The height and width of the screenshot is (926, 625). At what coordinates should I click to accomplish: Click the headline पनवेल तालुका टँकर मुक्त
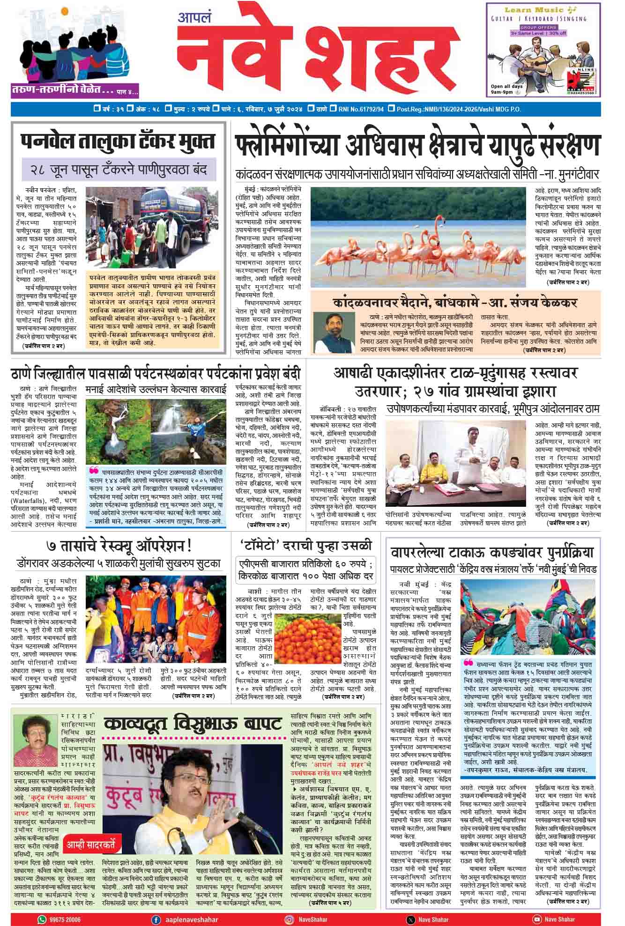118,141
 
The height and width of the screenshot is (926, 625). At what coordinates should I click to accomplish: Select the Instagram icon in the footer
290,919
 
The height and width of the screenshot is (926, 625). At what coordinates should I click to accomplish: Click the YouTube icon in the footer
537,919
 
